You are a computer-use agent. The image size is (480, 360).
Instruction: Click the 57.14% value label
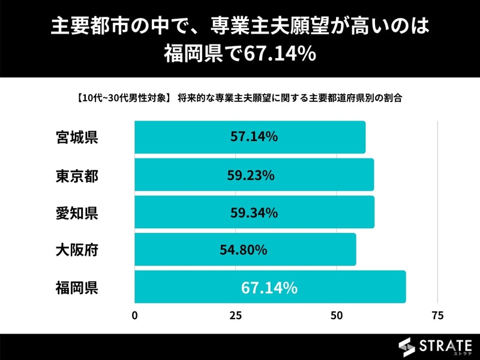[x=254, y=137]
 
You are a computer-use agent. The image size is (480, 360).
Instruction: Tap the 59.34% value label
[x=254, y=212]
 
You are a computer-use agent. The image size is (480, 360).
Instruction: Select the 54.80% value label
[x=243, y=250]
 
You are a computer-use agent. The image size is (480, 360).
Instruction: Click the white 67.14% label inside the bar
[x=269, y=288]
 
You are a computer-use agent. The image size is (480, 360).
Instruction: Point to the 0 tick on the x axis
[x=135, y=316]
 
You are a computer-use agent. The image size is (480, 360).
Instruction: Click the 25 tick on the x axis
[x=236, y=316]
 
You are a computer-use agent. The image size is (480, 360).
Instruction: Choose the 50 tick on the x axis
[x=337, y=316]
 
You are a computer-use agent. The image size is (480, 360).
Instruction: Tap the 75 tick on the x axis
[x=437, y=316]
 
